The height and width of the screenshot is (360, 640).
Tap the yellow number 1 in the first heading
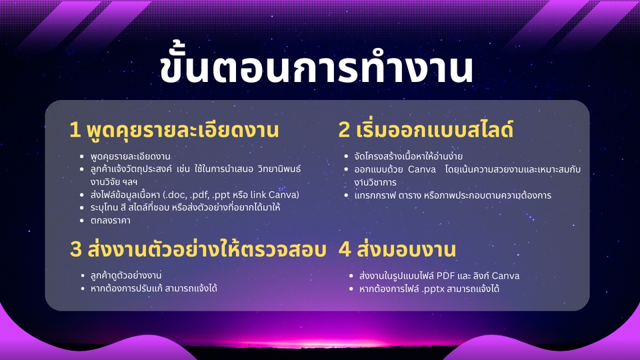[75, 130]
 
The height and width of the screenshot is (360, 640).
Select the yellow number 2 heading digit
[344, 130]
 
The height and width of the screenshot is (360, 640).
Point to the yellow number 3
[76, 249]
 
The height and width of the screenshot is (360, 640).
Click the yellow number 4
[345, 249]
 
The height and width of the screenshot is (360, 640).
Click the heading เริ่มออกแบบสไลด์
[435, 129]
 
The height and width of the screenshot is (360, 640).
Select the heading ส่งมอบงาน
[407, 249]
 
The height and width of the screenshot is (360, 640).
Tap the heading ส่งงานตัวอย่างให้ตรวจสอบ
[207, 249]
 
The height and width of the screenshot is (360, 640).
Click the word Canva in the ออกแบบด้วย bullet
[422, 169]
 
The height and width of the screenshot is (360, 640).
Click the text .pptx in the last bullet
[433, 289]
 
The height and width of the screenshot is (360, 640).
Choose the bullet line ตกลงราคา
[110, 221]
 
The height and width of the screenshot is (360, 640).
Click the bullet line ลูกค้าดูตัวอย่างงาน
[126, 275]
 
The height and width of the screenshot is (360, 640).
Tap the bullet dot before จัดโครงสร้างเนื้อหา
[346, 156]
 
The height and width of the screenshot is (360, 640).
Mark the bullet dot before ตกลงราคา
[82, 221]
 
